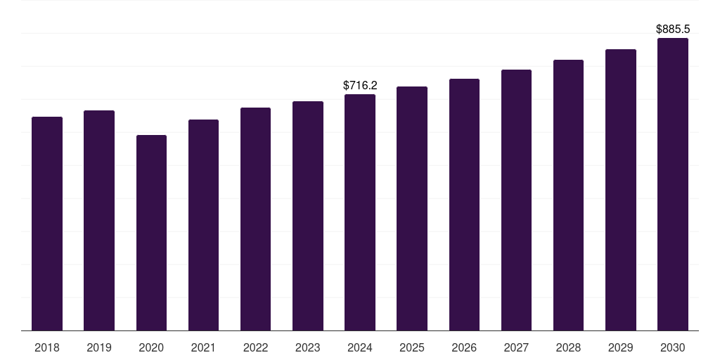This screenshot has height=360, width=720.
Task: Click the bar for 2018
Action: point(47,224)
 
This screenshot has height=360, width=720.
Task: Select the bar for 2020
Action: point(151,233)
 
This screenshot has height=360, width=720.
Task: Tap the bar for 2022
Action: point(255,219)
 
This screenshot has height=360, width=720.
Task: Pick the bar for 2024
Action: point(360,212)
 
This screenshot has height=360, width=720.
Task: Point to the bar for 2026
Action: point(464,205)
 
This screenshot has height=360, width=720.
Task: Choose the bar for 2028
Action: point(568,195)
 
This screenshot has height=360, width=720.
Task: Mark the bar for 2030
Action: point(672,184)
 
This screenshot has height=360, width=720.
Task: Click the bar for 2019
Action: point(99,220)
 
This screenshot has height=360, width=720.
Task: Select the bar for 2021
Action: point(203,225)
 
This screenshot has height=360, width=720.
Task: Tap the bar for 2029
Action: point(620,190)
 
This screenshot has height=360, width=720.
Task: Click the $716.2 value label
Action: point(360,85)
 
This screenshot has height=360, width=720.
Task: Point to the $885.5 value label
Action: point(673,29)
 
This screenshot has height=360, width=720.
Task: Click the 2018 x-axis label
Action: point(47,347)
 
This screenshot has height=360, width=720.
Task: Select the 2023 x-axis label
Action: point(308,347)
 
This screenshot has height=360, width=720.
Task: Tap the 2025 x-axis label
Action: point(412,347)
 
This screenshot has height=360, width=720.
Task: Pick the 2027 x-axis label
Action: point(516,347)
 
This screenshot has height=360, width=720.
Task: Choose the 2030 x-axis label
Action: point(672,347)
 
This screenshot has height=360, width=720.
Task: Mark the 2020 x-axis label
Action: point(151,347)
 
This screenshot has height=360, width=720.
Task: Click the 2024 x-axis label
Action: point(360,347)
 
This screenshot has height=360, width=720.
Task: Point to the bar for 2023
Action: point(308,216)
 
